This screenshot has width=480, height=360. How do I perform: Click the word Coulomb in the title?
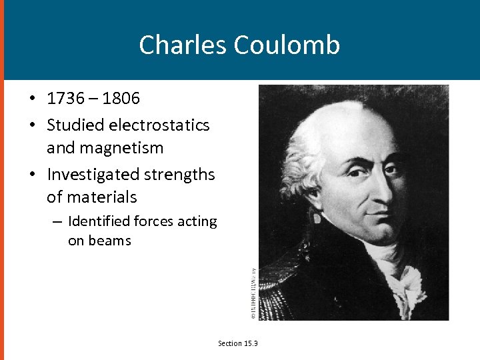(287, 45)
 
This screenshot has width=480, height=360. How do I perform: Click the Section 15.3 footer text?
(238, 343)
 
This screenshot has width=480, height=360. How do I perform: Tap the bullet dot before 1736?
(31, 99)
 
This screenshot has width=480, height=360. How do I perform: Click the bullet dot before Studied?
(31, 125)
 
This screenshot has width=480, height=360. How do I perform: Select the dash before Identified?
(57, 221)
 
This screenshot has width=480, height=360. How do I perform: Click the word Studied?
(71, 125)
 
